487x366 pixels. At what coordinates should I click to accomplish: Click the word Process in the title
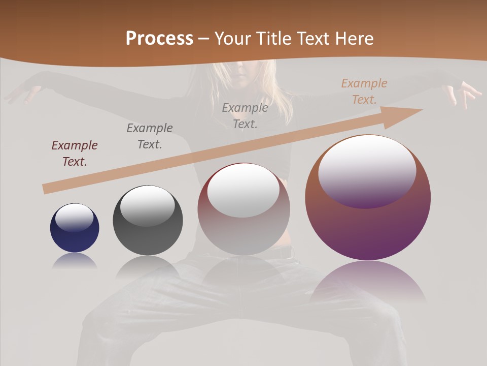(159, 39)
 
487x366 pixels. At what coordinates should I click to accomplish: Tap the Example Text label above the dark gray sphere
(150, 136)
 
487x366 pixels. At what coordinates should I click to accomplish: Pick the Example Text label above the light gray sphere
(245, 116)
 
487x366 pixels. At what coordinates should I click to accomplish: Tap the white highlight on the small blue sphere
(75, 217)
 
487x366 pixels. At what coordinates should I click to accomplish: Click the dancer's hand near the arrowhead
(464, 94)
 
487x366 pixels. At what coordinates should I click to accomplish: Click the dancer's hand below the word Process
(23, 93)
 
